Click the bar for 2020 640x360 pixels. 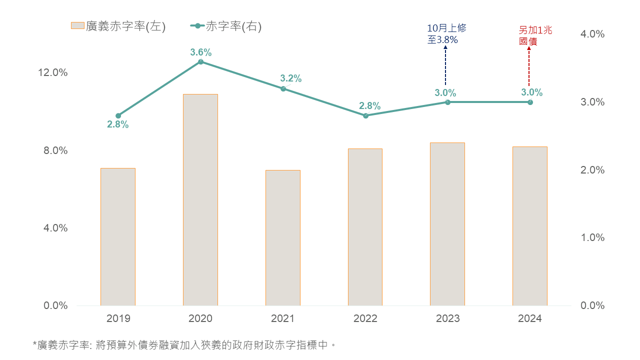click(x=200, y=200)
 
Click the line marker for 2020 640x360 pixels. click(x=200, y=61)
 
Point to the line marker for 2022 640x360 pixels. click(x=365, y=115)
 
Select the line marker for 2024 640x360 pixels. click(x=530, y=102)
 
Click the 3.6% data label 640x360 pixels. click(x=201, y=52)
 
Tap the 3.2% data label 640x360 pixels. click(x=290, y=78)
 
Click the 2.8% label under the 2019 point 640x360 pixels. click(x=118, y=125)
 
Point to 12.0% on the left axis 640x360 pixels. click(x=53, y=72)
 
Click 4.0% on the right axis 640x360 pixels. click(x=592, y=34)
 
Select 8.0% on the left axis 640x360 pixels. click(x=53, y=150)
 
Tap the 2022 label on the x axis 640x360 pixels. click(x=365, y=318)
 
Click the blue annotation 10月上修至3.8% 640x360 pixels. click(x=446, y=34)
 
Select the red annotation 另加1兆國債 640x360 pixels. click(x=535, y=36)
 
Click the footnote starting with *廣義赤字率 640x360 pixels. click(x=183, y=344)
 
